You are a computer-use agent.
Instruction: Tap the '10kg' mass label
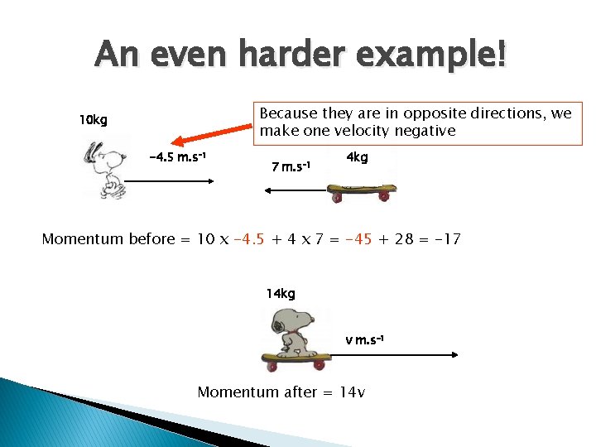coord(93,121)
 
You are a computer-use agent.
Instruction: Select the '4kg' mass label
coord(357,157)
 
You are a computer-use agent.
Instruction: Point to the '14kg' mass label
coord(280,293)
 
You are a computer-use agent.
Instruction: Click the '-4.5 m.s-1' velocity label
coord(177,157)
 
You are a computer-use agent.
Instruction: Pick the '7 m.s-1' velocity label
coord(291,167)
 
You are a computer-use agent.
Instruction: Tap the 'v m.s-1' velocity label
coord(364,340)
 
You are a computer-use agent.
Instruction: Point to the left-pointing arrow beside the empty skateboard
coord(294,190)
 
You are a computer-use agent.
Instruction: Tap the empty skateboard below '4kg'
coord(361,193)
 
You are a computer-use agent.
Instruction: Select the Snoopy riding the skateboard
coord(296,339)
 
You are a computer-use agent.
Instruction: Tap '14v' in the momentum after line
coord(353,392)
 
